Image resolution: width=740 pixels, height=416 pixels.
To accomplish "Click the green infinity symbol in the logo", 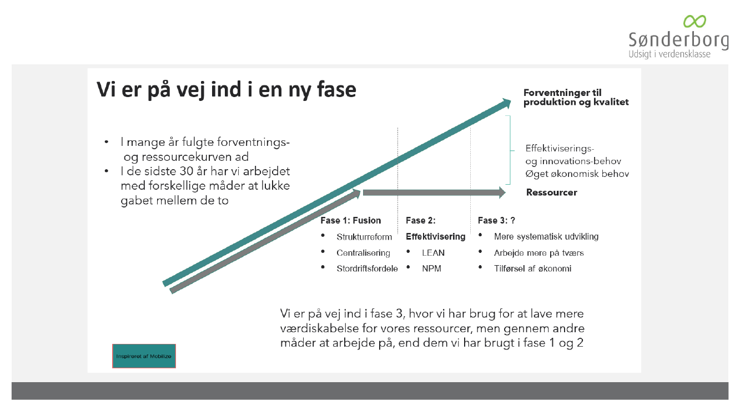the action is (x=694, y=22).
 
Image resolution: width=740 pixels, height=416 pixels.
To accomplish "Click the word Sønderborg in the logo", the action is (x=678, y=40).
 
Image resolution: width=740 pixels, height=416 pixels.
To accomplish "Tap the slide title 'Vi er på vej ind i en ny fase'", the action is (x=226, y=90).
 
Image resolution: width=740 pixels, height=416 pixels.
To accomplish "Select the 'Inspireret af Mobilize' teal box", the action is (x=144, y=356).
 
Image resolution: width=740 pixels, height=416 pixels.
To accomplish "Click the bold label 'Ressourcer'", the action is (x=551, y=192).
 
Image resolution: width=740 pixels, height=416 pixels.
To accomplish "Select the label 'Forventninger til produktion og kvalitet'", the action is (x=576, y=98).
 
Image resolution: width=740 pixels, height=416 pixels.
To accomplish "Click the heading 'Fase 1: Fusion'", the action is (x=350, y=220).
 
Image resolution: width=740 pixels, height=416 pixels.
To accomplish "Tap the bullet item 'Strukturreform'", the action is (x=364, y=237).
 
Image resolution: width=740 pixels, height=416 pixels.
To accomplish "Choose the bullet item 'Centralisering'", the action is (x=363, y=252).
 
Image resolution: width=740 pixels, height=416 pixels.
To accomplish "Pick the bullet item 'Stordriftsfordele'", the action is (x=367, y=268).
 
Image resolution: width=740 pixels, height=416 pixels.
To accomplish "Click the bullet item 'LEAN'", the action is (x=433, y=252).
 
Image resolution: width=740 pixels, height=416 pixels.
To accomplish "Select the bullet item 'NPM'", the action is (x=431, y=268).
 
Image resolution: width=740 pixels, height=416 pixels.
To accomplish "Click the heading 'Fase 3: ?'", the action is (x=496, y=220).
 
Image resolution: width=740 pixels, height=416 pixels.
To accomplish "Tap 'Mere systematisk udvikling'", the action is (x=546, y=236).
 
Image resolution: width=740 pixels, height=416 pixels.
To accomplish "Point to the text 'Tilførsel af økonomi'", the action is (x=532, y=268).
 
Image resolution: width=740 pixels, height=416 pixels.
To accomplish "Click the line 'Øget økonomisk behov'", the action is (x=577, y=174).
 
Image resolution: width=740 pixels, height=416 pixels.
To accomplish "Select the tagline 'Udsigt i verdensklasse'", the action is (x=669, y=54).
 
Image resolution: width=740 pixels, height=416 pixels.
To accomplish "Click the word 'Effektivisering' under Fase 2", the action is (x=435, y=236).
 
